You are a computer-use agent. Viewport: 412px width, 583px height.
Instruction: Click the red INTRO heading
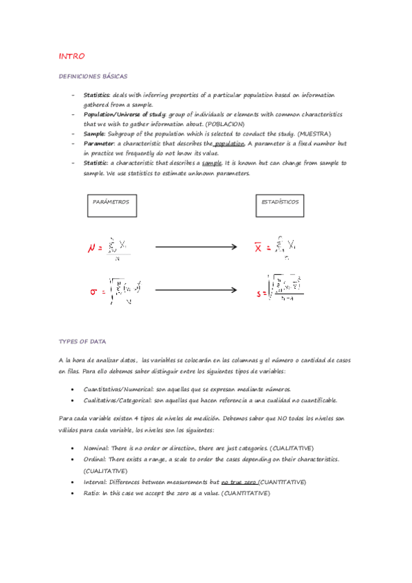pyautogui.click(x=72, y=56)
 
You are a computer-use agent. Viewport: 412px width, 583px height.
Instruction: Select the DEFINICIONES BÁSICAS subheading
pyautogui.click(x=93, y=76)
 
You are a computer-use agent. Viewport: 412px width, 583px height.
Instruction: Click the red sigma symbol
pyautogui.click(x=94, y=291)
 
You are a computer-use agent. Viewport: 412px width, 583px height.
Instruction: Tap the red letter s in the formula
pyautogui.click(x=259, y=294)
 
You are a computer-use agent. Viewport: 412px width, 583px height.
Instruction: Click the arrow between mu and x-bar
pyautogui.click(x=196, y=247)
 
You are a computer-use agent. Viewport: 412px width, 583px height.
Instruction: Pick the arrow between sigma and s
pyautogui.click(x=196, y=290)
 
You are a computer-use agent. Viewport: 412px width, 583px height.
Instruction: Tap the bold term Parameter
pyautogui.click(x=99, y=143)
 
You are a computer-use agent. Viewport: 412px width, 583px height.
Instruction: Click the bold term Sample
pyautogui.click(x=95, y=133)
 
